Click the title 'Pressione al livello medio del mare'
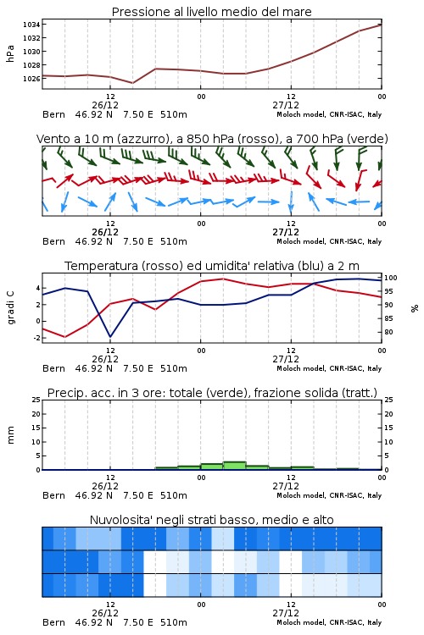pos(212,12)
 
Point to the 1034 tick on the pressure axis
pos(31,25)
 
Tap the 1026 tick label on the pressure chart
pos(31,79)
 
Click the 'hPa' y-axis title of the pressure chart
pos(10,53)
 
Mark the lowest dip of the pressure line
pos(132,83)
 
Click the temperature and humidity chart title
pos(212,266)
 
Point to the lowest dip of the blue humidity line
pos(110,336)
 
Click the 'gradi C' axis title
pos(11,307)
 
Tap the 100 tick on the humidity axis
pos(391,278)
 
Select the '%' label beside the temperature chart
pos(415,308)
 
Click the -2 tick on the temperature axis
pos(36,337)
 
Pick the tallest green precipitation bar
pos(235,466)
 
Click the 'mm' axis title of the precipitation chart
pos(10,435)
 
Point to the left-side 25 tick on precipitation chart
pos(36,400)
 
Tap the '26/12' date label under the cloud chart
pos(105,613)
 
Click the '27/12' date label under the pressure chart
pos(286,105)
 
